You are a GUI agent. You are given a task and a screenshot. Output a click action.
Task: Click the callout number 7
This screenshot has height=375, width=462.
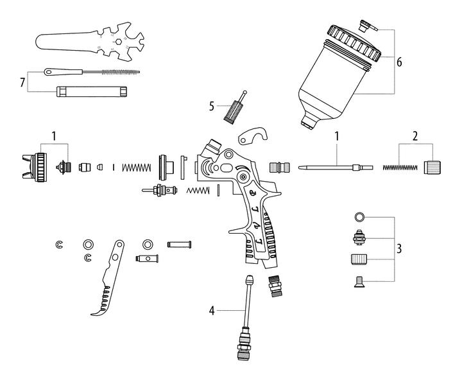click(22, 83)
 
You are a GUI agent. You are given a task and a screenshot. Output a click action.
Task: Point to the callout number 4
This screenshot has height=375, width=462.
click(210, 311)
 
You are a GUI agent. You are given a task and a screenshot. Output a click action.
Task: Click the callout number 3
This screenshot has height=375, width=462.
click(400, 247)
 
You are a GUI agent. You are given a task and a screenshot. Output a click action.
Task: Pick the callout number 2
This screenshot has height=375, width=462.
click(415, 136)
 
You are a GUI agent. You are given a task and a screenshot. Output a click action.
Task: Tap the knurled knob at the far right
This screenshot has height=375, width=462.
click(431, 168)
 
